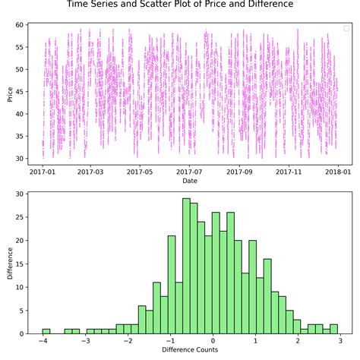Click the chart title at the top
(x=180, y=5)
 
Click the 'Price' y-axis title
(x=9, y=93)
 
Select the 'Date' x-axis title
(x=191, y=181)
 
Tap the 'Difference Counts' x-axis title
(x=191, y=351)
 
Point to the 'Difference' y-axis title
(x=9, y=264)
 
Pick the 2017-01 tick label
(x=43, y=172)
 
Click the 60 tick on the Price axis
(x=21, y=25)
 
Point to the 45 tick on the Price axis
(x=21, y=92)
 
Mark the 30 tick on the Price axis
(x=21, y=159)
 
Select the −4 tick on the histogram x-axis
(x=44, y=341)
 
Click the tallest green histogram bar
(x=186, y=266)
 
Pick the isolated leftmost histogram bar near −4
(x=46, y=331)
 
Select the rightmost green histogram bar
(x=333, y=329)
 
